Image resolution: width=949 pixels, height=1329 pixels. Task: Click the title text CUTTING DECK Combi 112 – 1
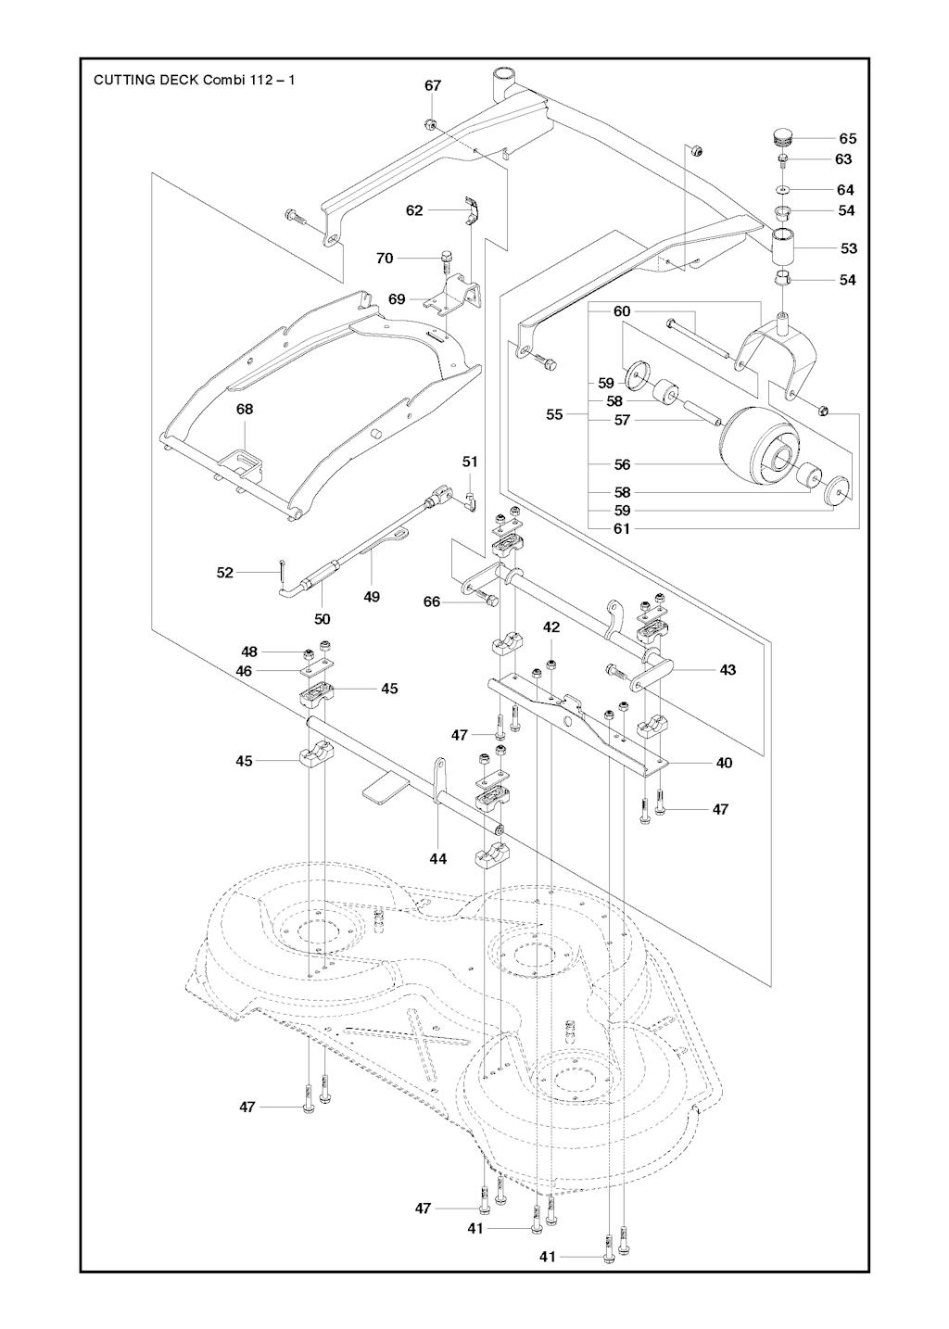[195, 80]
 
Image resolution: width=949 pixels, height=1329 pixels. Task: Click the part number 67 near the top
[433, 85]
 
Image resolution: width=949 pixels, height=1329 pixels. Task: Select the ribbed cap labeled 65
[784, 139]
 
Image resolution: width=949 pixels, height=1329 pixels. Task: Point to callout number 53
[848, 248]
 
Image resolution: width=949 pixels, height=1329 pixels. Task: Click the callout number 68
[245, 409]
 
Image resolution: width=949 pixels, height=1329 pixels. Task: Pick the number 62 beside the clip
[414, 210]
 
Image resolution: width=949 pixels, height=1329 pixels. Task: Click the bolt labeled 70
[447, 257]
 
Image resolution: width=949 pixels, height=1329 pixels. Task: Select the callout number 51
[470, 462]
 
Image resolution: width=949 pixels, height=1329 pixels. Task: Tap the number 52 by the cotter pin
[225, 573]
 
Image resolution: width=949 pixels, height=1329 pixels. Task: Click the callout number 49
[372, 597]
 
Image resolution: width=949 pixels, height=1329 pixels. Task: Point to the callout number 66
[432, 601]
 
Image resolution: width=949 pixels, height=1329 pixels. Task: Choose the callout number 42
[551, 627]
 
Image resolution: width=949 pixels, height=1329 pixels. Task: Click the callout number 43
[728, 669]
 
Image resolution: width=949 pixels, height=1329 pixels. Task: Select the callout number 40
[724, 763]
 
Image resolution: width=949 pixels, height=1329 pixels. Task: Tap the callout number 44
[437, 859]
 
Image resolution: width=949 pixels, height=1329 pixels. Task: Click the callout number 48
[249, 652]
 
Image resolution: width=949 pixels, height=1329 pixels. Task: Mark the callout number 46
[244, 670]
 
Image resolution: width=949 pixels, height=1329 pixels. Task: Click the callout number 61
[622, 528]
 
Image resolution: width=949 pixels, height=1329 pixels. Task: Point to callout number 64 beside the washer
[845, 190]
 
